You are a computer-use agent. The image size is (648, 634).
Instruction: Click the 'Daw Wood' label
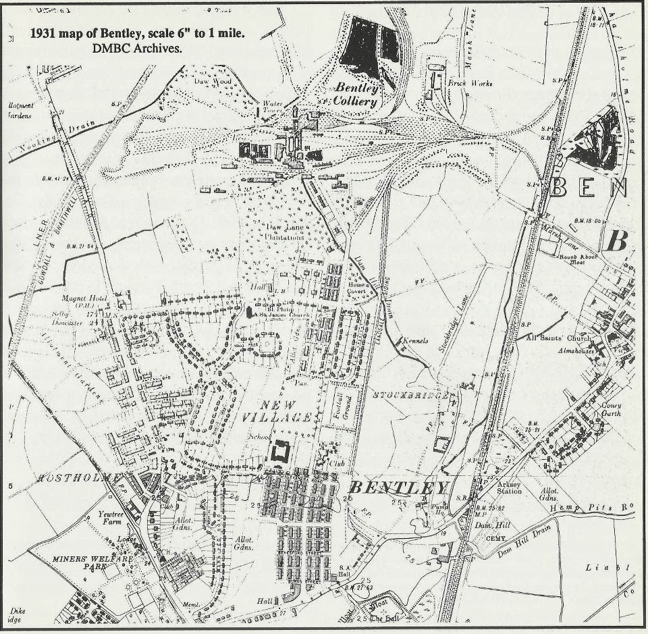pos(215,82)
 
